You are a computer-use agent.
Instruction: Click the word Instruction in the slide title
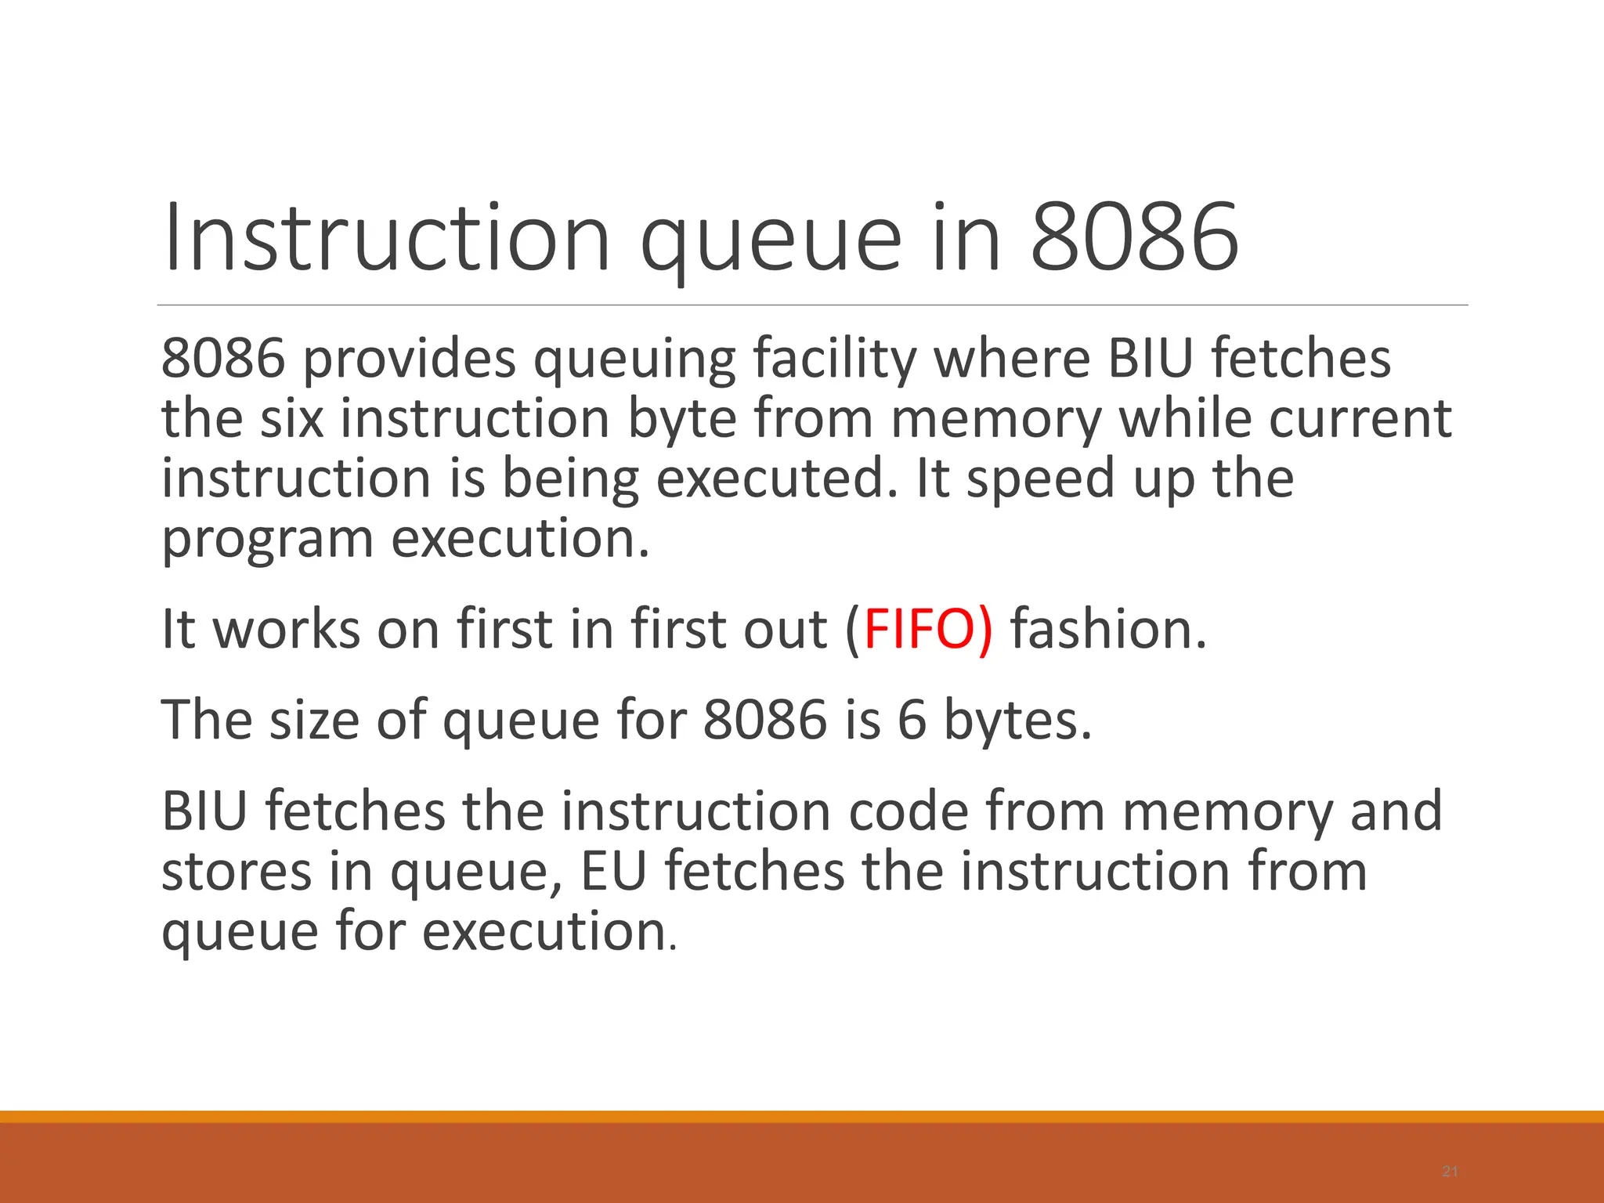click(x=386, y=237)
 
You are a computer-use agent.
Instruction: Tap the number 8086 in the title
click(x=1134, y=237)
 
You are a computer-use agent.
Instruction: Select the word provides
click(x=409, y=359)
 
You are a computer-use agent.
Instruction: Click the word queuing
click(x=634, y=359)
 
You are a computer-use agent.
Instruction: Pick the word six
click(x=291, y=418)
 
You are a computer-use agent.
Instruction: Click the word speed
click(x=1041, y=478)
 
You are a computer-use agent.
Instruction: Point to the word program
click(x=267, y=539)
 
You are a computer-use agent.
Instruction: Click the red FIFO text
click(x=918, y=629)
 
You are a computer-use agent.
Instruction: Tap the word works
click(x=287, y=629)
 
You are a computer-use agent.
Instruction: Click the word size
click(x=313, y=719)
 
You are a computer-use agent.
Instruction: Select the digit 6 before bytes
click(x=912, y=719)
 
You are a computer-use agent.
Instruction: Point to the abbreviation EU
click(x=613, y=871)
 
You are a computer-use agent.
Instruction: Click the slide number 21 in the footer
click(x=1450, y=1172)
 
